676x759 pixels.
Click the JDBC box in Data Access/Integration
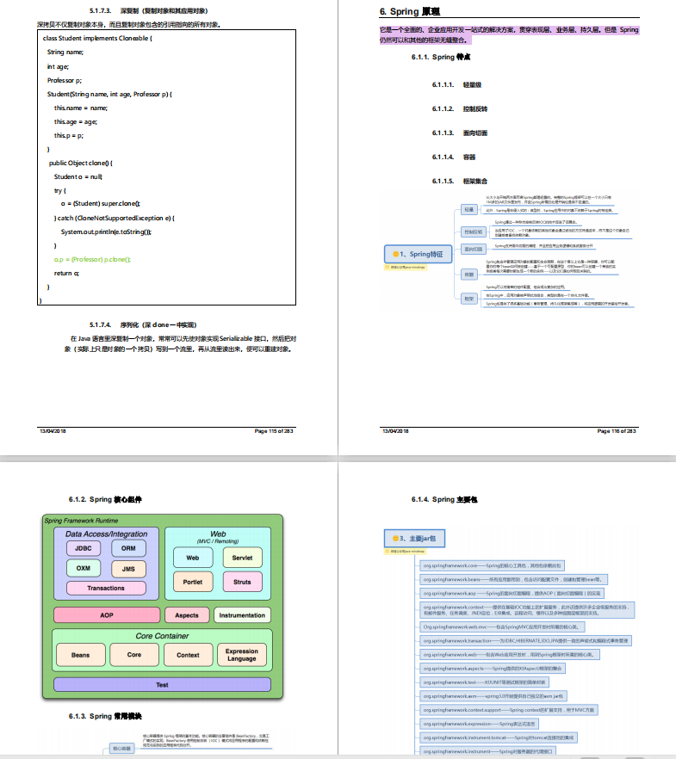click(84, 548)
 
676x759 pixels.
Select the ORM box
click(128, 548)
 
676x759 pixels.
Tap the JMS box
click(128, 569)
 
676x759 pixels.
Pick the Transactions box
click(106, 589)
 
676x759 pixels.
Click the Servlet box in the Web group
click(242, 558)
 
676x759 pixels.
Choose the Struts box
click(242, 582)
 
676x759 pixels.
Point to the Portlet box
click(193, 582)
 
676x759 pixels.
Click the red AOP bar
click(107, 615)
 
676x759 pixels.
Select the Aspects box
click(187, 615)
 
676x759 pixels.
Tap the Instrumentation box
click(242, 615)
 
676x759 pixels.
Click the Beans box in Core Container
click(80, 655)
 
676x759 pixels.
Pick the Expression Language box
click(242, 655)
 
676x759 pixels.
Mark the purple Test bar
click(162, 685)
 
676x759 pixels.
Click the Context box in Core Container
click(188, 655)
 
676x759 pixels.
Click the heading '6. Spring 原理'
click(410, 12)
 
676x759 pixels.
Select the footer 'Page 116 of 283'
click(615, 430)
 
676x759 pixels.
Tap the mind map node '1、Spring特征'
click(419, 254)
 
